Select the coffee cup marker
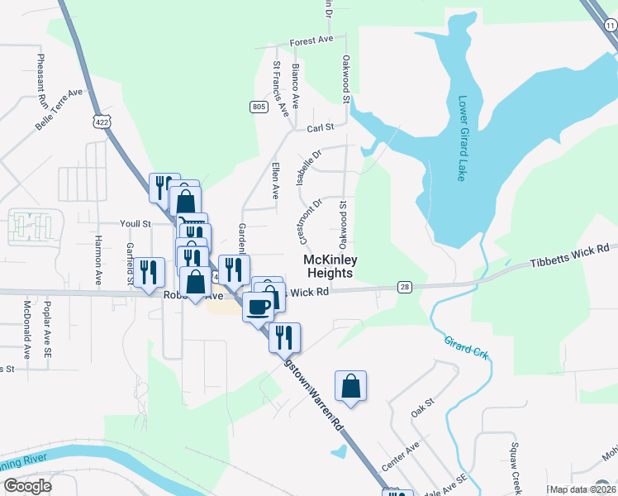point(259,307)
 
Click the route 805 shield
point(259,107)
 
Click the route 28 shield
point(404,287)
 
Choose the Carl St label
point(319,128)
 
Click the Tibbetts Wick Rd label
point(568,255)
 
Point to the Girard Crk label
point(467,346)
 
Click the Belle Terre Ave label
point(59,110)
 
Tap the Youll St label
point(135,223)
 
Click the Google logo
point(27,486)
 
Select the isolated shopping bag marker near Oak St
point(350,385)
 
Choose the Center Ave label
point(401,455)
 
